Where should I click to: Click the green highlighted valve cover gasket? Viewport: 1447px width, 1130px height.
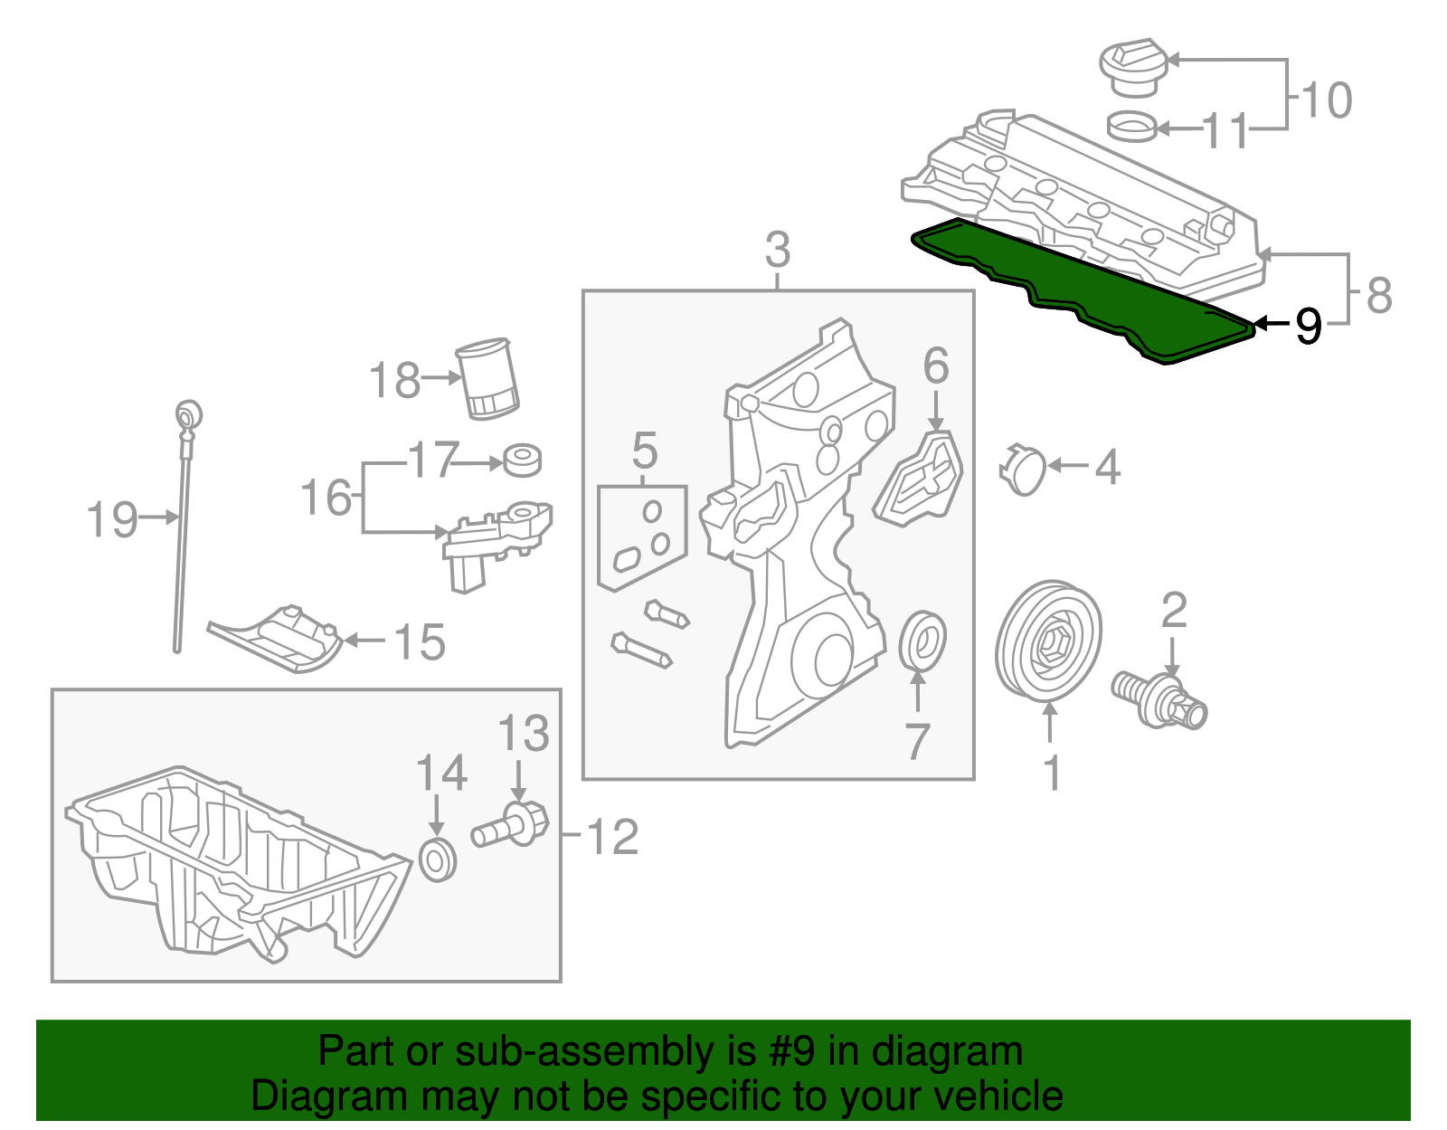click(1085, 290)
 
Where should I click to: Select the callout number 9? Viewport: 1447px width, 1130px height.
click(1308, 325)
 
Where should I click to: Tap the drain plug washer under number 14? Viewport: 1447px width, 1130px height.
click(440, 859)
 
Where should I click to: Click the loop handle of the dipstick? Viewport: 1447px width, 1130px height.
click(188, 415)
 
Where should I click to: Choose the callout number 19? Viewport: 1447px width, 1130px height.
click(112, 520)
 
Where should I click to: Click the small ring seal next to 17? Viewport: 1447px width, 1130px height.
click(522, 460)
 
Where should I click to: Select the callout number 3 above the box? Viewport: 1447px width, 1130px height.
click(777, 250)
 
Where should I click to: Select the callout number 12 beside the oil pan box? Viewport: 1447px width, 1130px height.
click(612, 837)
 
